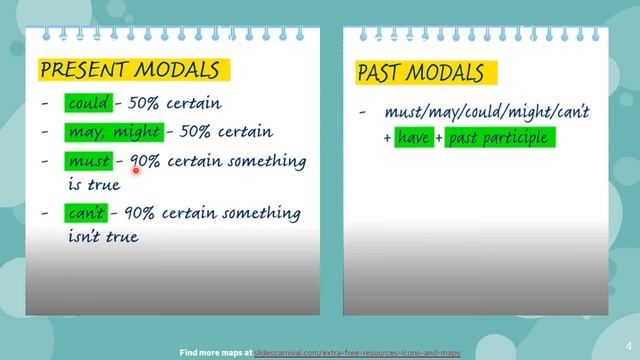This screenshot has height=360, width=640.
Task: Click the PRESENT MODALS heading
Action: [x=129, y=70]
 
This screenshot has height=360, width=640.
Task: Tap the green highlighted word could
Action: [x=89, y=103]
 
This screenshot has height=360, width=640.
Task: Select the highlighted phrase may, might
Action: [x=114, y=132]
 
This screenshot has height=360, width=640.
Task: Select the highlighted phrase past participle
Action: [x=498, y=138]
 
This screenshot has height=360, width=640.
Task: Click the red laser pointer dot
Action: [x=134, y=172]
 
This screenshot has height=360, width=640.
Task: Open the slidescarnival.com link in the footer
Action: [x=358, y=353]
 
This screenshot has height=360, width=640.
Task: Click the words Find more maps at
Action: [x=216, y=353]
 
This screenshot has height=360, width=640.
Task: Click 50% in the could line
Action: [x=143, y=103]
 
